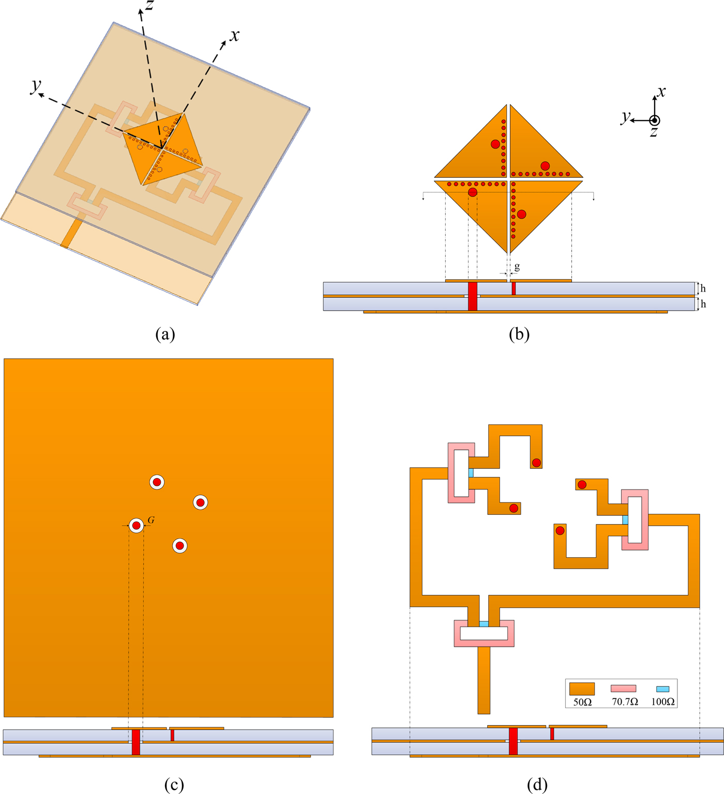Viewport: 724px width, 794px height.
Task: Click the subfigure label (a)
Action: pos(165,334)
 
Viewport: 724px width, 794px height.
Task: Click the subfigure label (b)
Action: pos(519,334)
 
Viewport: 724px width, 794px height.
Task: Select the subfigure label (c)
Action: pos(173,785)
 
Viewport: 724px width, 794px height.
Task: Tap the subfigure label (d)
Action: pos(537,785)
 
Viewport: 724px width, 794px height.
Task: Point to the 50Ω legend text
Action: pos(582,702)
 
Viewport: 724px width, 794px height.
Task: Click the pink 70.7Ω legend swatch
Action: pos(623,689)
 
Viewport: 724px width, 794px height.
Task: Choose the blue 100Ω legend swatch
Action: pos(662,689)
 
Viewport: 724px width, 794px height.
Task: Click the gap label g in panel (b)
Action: pos(517,267)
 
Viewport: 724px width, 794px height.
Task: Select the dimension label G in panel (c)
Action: pos(151,520)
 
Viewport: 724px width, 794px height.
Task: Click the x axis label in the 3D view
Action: pos(235,35)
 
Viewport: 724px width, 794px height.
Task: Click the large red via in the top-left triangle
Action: pos(495,144)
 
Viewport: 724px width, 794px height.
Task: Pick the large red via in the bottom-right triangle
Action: pos(521,214)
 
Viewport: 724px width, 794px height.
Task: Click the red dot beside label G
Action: pos(136,526)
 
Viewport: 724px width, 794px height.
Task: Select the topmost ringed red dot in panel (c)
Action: pos(157,482)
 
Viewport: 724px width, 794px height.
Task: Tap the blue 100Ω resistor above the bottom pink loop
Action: pos(484,624)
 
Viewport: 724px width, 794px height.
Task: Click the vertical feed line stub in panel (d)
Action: pos(484,680)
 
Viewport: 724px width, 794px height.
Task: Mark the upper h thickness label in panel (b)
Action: pos(703,288)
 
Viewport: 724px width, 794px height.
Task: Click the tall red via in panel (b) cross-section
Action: pos(472,296)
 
